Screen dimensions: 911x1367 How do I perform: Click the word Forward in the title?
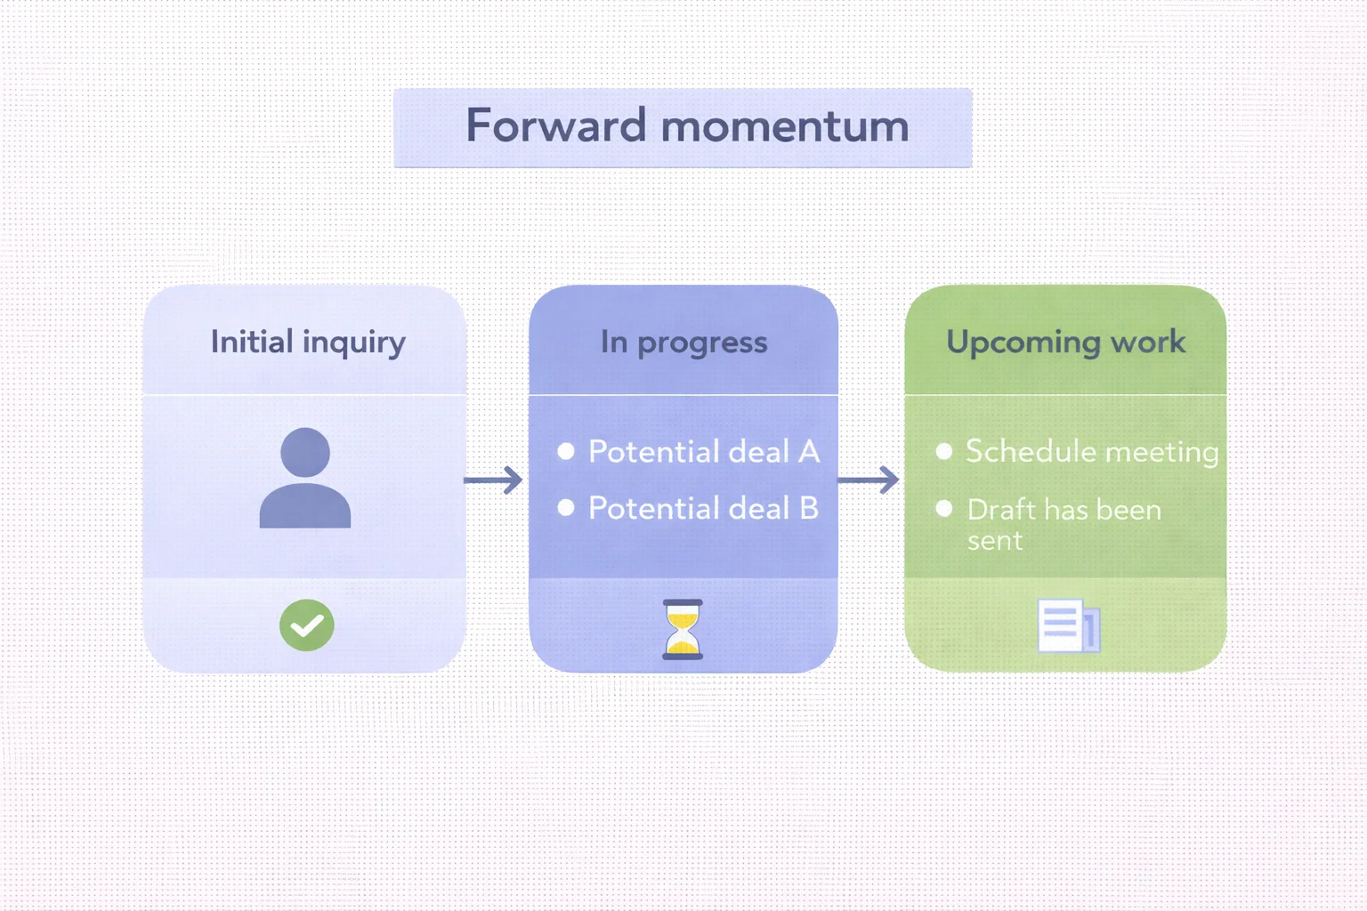[x=555, y=125]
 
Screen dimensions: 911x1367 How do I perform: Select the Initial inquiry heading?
[x=308, y=343]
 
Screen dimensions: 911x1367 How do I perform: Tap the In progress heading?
[x=683, y=343]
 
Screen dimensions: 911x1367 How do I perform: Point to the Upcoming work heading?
[x=1065, y=343]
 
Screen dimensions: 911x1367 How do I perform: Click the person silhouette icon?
[x=305, y=480]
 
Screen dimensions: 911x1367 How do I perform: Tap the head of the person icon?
[x=305, y=452]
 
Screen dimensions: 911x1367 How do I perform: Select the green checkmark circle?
[x=307, y=625]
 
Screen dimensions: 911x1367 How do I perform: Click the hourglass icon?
[x=683, y=629]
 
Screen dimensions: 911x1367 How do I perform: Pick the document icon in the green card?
[x=1068, y=626]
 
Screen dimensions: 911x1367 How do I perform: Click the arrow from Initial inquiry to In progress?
[x=495, y=480]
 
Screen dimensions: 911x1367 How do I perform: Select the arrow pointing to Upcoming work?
[x=870, y=480]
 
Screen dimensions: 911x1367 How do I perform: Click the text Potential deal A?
[x=703, y=452]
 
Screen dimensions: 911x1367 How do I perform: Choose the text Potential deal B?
[x=703, y=509]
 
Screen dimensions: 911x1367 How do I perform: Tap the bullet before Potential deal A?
[x=566, y=451]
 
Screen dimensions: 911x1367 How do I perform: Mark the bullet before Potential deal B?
[x=566, y=508]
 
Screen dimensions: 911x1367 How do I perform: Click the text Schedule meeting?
[x=1091, y=452]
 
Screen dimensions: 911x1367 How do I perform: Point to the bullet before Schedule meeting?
[x=944, y=451]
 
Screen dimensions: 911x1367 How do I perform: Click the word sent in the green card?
[x=995, y=541]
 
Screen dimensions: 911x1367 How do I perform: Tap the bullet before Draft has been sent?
[x=944, y=508]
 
